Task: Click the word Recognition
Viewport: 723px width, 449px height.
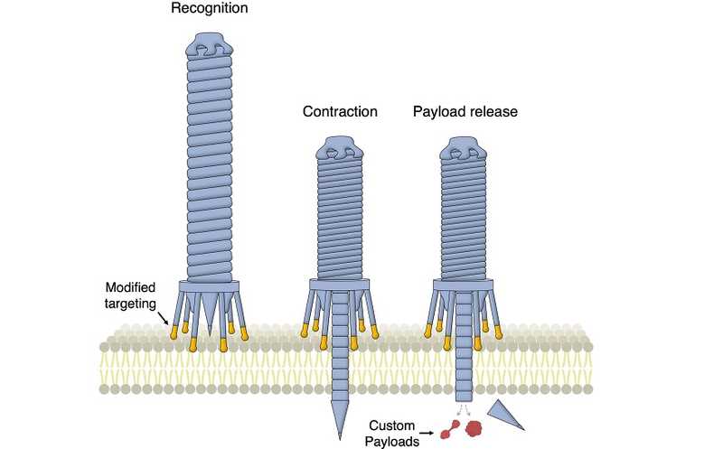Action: point(211,8)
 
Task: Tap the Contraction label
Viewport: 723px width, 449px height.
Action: point(340,112)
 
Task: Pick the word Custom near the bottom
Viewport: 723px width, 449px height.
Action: point(393,425)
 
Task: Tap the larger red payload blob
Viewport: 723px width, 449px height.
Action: point(472,431)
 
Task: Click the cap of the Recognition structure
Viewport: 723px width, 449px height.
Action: point(211,45)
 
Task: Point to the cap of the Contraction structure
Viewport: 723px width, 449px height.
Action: point(339,147)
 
